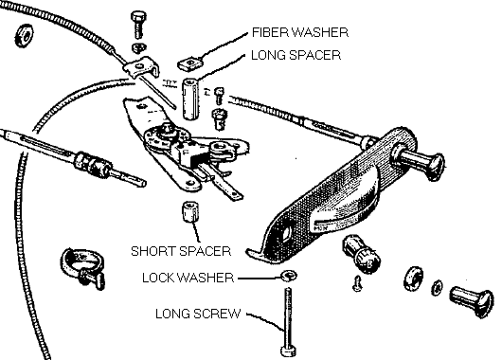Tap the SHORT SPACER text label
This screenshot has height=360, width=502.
(x=182, y=252)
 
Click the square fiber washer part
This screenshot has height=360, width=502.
(x=191, y=63)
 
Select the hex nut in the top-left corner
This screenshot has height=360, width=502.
(x=20, y=37)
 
